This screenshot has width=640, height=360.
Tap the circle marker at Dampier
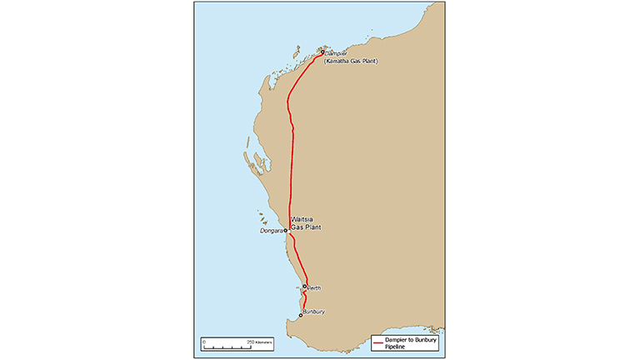click(322, 52)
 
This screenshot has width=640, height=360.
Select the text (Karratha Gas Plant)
click(352, 62)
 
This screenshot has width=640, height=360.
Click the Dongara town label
click(271, 231)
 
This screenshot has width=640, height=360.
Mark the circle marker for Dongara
click(285, 230)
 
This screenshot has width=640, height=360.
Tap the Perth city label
click(313, 288)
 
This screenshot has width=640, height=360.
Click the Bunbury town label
click(313, 312)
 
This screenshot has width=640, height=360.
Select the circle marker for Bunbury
click(300, 315)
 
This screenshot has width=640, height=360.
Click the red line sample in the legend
click(378, 342)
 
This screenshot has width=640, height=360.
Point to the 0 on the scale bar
click(204, 341)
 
